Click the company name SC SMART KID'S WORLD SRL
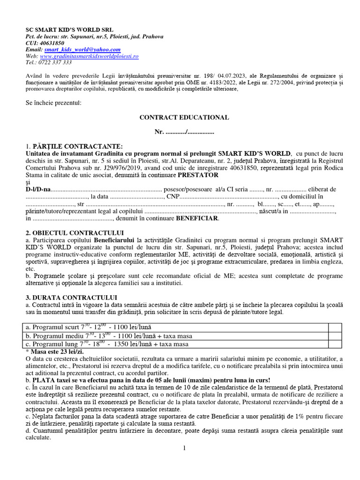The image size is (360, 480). (x=69, y=29)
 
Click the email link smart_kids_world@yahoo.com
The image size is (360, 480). (x=82, y=49)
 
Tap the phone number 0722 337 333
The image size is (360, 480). (x=56, y=62)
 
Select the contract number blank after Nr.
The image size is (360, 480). (x=191, y=132)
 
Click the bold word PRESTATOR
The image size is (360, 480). (x=198, y=175)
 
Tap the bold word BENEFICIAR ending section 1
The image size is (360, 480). (x=197, y=218)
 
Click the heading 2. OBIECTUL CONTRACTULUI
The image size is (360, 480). (x=75, y=233)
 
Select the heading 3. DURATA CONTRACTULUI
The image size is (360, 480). (x=71, y=298)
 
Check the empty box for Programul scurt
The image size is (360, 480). (x=335, y=327)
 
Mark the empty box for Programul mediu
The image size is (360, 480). (x=335, y=336)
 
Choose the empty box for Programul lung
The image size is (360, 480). (x=335, y=344)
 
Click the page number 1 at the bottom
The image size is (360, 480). (x=184, y=448)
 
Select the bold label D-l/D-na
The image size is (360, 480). (x=37, y=189)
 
